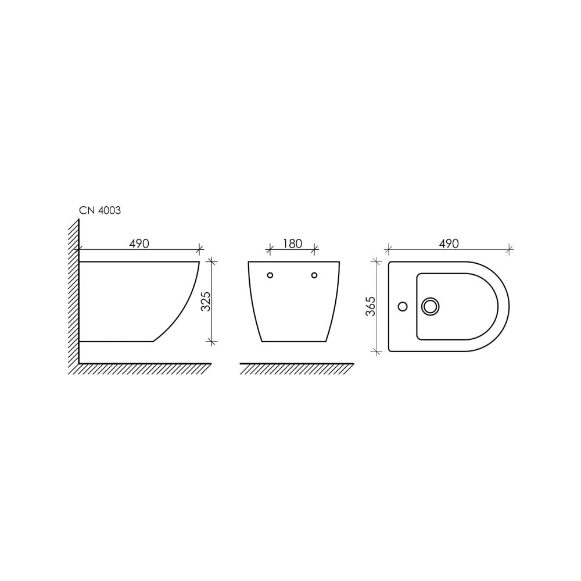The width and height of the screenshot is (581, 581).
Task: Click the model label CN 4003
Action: tap(100, 210)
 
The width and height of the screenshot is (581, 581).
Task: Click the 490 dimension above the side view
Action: tap(139, 244)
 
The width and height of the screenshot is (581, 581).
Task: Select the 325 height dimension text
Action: tap(206, 301)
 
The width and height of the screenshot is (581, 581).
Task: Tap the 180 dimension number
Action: tap(292, 243)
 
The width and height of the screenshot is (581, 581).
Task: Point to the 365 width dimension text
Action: tap(371, 306)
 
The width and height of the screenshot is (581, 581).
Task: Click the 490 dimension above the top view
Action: tap(449, 243)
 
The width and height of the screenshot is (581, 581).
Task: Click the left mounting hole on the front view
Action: tap(270, 275)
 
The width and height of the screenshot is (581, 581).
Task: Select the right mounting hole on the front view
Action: tap(314, 275)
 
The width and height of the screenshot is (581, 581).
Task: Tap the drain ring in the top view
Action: tap(430, 306)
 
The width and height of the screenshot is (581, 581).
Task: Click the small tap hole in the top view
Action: tap(403, 306)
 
